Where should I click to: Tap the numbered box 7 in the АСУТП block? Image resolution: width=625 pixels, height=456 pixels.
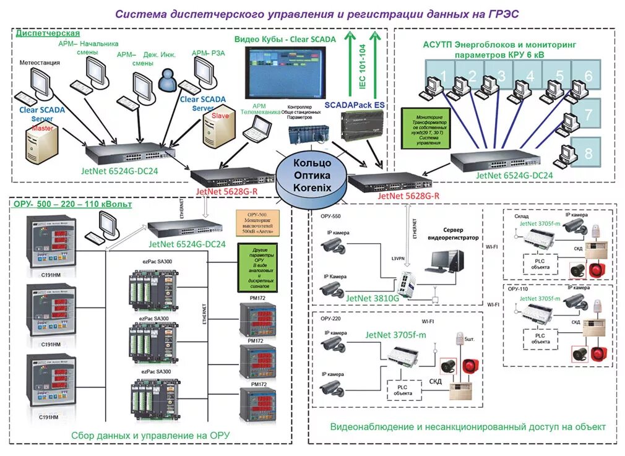588,114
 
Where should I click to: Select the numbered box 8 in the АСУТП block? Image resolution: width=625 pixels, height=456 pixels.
588,152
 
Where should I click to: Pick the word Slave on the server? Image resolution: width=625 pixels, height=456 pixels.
220,116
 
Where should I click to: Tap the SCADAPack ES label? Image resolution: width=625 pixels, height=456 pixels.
355,105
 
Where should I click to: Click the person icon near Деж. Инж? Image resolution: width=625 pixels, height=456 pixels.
167,79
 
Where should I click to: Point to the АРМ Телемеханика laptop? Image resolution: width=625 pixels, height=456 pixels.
257,129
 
